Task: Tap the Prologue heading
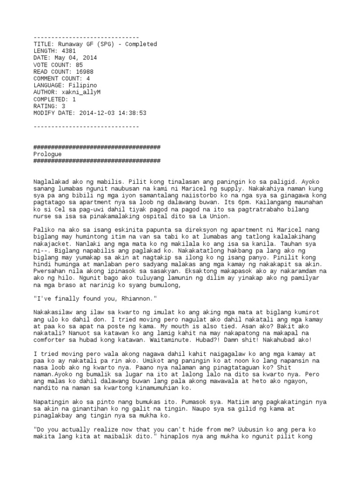pyautogui.click(x=48, y=154)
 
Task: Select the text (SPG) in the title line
pyautogui.click(x=104, y=44)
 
